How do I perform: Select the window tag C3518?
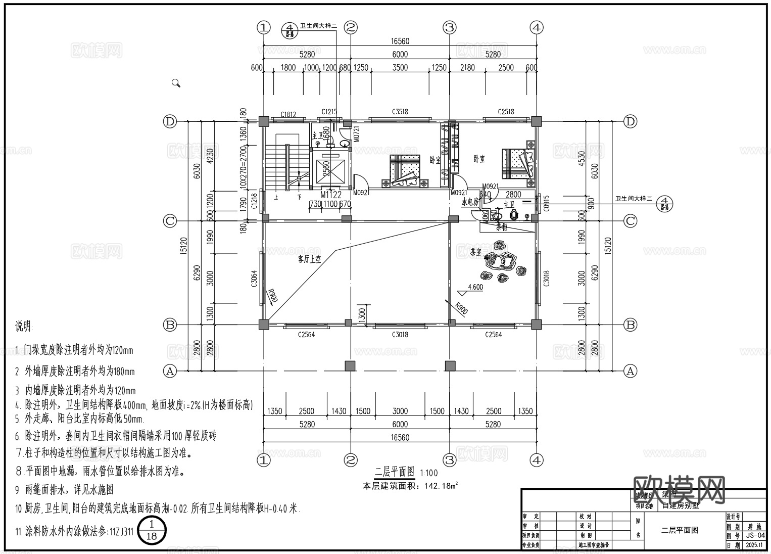[399, 112]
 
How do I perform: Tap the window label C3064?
[254, 279]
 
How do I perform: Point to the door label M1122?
[331, 195]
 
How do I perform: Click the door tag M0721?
[356, 133]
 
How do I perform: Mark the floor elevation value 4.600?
[475, 287]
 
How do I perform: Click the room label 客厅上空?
[310, 259]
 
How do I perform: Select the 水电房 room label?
[469, 201]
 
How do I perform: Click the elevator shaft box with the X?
[331, 169]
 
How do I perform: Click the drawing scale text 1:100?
[428, 474]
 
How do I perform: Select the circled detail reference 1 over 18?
[151, 531]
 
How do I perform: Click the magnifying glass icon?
[176, 83]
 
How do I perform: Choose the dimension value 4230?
[210, 156]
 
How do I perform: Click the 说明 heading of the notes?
[24, 327]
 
